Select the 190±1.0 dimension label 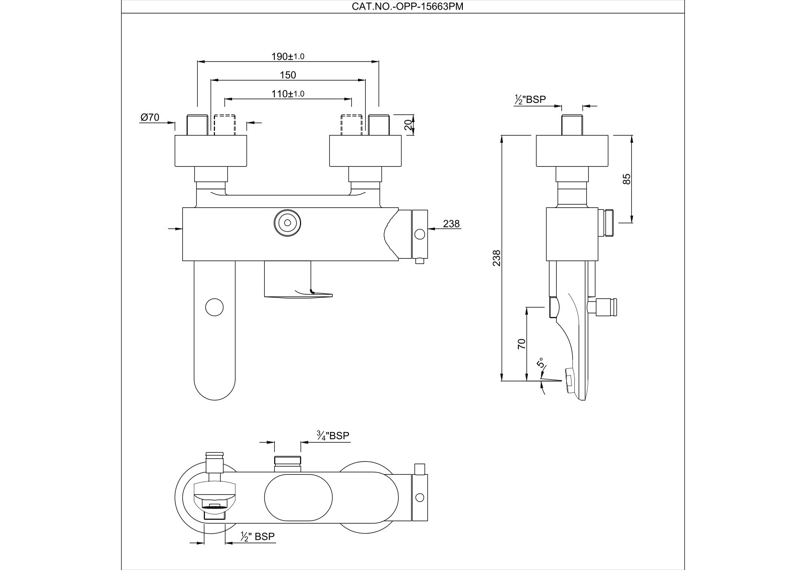[x=288, y=57]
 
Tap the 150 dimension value [x=288, y=75]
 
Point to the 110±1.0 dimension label [x=288, y=94]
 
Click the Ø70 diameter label [x=150, y=117]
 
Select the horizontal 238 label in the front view [x=451, y=224]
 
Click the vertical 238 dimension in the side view [x=497, y=258]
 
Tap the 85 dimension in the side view [x=627, y=179]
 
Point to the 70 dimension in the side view [x=522, y=343]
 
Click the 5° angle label [x=541, y=363]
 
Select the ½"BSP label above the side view [x=530, y=100]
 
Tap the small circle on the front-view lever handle [x=214, y=307]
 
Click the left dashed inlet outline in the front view [x=225, y=125]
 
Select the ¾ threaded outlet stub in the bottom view [x=288, y=464]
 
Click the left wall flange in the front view [x=212, y=151]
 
